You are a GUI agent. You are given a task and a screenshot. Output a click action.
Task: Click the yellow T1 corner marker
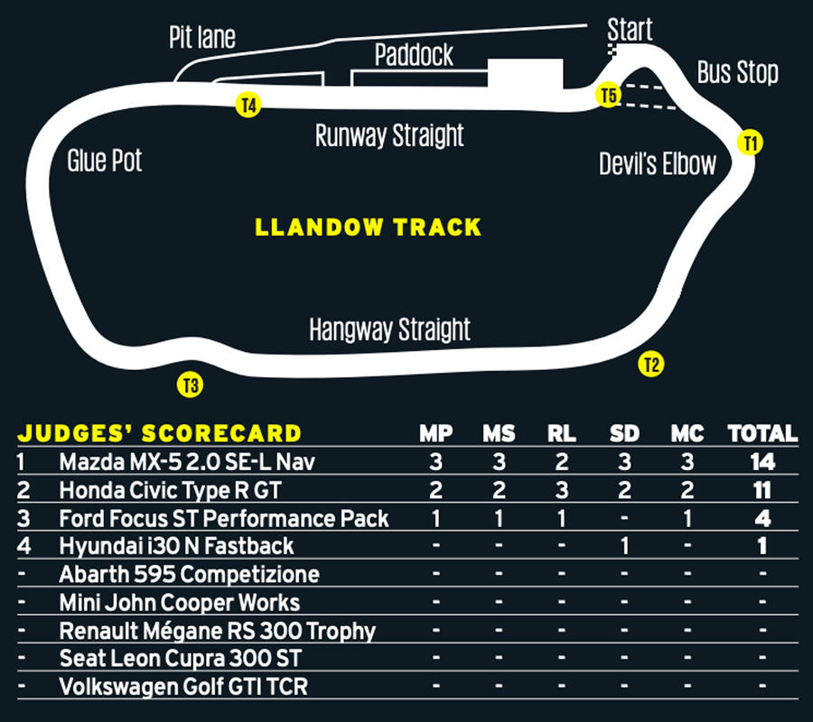[x=751, y=143]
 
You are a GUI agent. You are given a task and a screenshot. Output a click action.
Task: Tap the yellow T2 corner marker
[x=651, y=364]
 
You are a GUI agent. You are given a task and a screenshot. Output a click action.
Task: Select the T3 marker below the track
[x=191, y=384]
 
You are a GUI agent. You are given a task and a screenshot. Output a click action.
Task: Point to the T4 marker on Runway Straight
[x=248, y=105]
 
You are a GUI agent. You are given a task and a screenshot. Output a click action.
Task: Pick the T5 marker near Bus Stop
[x=608, y=95]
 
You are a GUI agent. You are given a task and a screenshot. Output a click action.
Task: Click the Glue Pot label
[x=104, y=161]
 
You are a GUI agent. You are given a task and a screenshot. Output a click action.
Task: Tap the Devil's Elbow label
[x=658, y=163]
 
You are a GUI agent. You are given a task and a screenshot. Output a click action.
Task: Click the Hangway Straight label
[x=389, y=329]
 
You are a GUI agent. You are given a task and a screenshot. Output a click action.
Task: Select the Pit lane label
[x=202, y=37]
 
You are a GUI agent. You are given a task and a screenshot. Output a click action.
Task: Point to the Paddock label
[x=414, y=55]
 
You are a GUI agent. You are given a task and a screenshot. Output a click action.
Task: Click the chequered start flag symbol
[x=612, y=50]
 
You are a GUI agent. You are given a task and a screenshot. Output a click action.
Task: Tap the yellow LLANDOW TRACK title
[x=369, y=227]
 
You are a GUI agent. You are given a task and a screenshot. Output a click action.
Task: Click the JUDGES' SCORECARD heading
[x=160, y=433]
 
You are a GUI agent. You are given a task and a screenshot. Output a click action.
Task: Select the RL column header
[x=562, y=434]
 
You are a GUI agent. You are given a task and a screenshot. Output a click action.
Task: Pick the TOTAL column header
[x=762, y=434]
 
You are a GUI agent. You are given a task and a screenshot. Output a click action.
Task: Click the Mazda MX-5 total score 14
[x=762, y=461]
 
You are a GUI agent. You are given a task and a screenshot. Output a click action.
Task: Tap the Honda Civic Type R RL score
[x=562, y=490]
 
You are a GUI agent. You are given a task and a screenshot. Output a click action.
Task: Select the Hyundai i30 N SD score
[x=624, y=546]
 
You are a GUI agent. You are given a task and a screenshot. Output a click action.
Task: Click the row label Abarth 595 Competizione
[x=190, y=574]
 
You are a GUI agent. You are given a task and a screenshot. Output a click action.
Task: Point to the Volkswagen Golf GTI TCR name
[x=183, y=687]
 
